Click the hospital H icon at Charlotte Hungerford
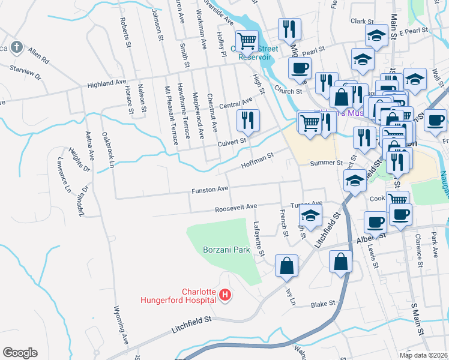pos(225,295)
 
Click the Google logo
pos(20,353)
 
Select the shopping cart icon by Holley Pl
pos(247,41)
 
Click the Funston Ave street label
pos(209,189)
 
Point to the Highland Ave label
pos(106,85)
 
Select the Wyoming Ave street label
pos(121,325)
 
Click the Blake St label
pos(323,305)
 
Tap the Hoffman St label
pos(257,160)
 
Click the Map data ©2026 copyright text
pos(423,355)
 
